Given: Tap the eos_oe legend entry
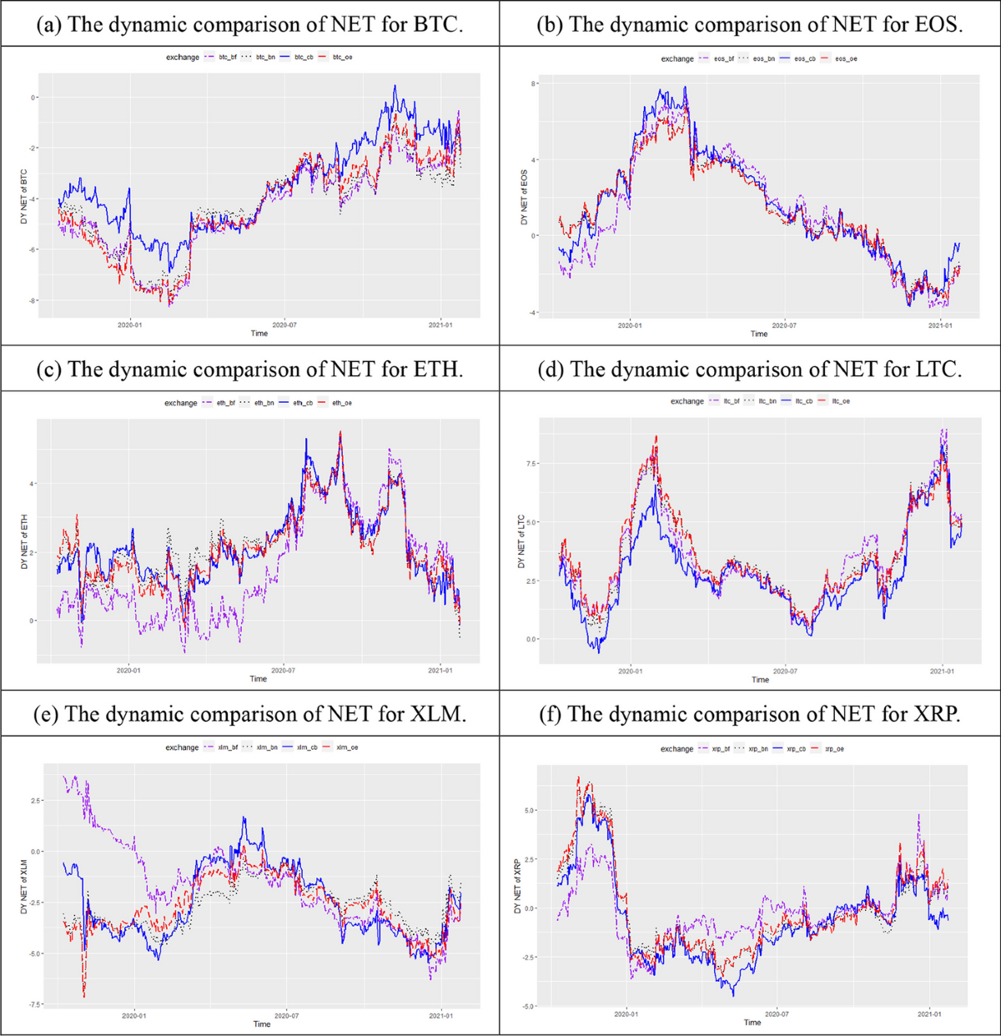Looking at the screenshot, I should pyautogui.click(x=846, y=58).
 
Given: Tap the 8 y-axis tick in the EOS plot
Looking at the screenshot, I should pyautogui.click(x=534, y=84).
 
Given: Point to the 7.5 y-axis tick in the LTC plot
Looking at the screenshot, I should pyautogui.click(x=531, y=463).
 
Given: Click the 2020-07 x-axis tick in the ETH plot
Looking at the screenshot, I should pyautogui.click(x=283, y=670).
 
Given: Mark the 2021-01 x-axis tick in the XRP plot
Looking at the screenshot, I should pyautogui.click(x=929, y=1014).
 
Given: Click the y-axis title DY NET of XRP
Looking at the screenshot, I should pyautogui.click(x=517, y=886).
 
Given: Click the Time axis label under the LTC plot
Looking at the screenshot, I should pyautogui.click(x=760, y=680).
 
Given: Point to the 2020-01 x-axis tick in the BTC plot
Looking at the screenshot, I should pyautogui.click(x=129, y=324).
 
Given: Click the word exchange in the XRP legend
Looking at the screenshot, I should pyautogui.click(x=677, y=749).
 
